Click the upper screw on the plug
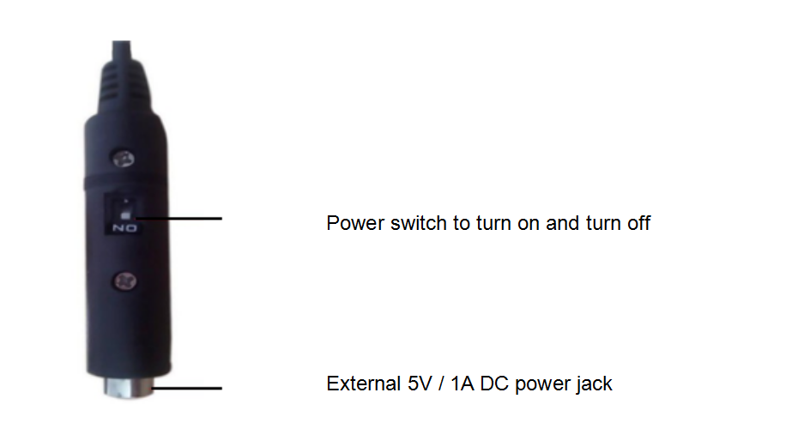coord(124,160)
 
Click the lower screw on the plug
coord(124,281)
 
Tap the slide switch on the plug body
coord(125,209)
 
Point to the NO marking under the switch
coord(124,228)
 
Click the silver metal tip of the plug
coord(129,388)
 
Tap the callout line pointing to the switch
coord(178,219)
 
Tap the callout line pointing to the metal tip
coord(186,388)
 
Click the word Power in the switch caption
coord(355,223)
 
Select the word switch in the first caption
coord(419,223)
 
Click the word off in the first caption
coord(639,223)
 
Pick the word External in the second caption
coord(364,384)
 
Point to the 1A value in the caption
coord(462,384)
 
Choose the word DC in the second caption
coord(495,384)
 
